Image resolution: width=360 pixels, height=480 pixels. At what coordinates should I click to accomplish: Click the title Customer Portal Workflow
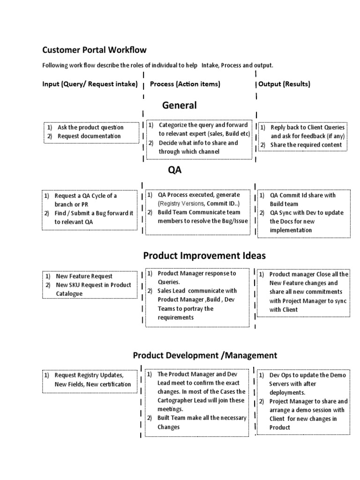94,50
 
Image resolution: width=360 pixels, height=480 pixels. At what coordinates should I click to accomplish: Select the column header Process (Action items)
185,84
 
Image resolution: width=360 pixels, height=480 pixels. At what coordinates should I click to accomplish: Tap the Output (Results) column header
284,84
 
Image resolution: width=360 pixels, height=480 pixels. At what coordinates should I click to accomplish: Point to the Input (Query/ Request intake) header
90,84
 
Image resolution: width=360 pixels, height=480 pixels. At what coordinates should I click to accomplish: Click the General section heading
180,105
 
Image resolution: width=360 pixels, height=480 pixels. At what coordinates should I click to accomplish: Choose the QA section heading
174,170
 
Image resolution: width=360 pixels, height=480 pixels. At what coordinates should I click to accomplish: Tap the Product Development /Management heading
205,355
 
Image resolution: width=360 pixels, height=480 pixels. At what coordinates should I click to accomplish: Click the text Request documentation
89,136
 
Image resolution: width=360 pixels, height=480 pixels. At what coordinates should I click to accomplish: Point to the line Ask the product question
90,127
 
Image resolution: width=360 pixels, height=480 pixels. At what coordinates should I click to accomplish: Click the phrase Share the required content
306,145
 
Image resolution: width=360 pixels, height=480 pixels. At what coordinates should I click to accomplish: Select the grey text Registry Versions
181,203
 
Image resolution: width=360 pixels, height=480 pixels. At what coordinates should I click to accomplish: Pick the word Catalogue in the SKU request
69,293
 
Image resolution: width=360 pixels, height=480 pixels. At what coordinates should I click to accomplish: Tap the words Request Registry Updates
89,375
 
